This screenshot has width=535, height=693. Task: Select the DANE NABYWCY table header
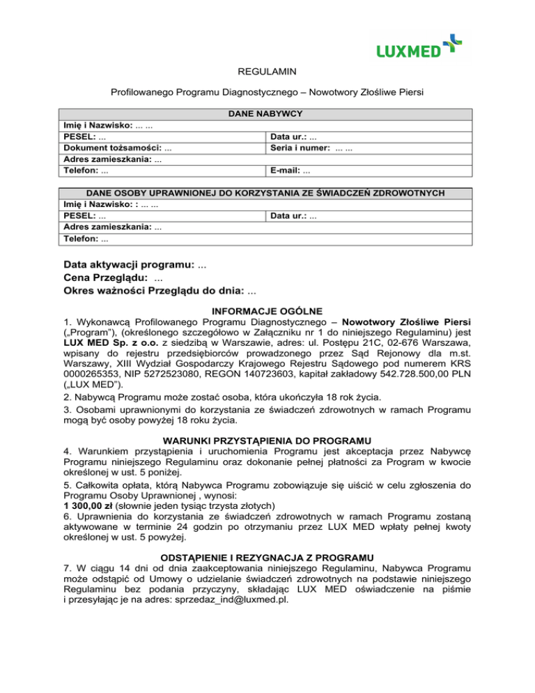(267, 114)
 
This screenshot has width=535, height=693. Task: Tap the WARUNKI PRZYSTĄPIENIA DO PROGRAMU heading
(267, 440)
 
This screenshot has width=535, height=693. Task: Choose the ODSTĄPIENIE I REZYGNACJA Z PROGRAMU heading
(267, 557)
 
